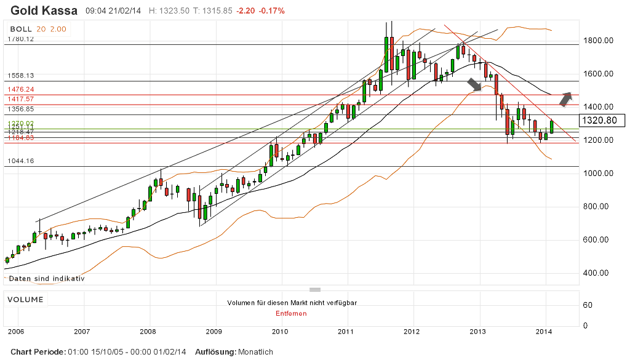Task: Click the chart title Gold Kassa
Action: pyautogui.click(x=44, y=10)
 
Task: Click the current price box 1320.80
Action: pyautogui.click(x=602, y=121)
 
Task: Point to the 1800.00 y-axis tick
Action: pyautogui.click(x=599, y=41)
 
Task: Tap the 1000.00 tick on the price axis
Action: pyautogui.click(x=599, y=174)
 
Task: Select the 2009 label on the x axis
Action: pyautogui.click(x=213, y=332)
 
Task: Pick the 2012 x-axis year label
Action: pyautogui.click(x=411, y=332)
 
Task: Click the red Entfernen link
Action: pyautogui.click(x=291, y=313)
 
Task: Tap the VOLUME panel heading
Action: pyautogui.click(x=25, y=300)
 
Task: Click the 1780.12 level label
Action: pyautogui.click(x=20, y=39)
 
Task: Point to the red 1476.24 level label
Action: pyautogui.click(x=20, y=89)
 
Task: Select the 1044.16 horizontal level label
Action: pyautogui.click(x=20, y=161)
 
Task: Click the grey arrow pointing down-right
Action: pyautogui.click(x=474, y=84)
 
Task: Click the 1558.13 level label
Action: pyautogui.click(x=20, y=75)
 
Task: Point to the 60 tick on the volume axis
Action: pyautogui.click(x=588, y=305)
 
